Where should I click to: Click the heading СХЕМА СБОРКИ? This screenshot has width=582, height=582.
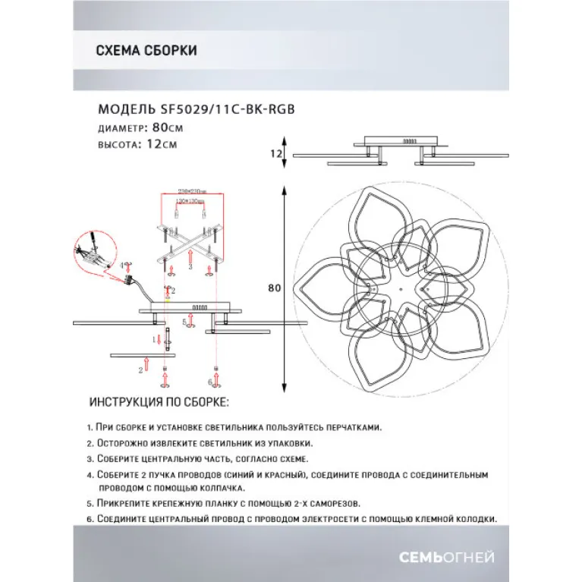pos(147,51)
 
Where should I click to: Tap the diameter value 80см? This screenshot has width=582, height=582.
pos(167,127)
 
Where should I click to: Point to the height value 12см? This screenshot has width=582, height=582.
pos(163,143)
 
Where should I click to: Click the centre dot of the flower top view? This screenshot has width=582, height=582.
pos(398,288)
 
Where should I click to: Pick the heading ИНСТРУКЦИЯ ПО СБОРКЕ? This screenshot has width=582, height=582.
pos(159,401)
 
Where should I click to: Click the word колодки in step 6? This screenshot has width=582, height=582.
pos(476,520)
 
